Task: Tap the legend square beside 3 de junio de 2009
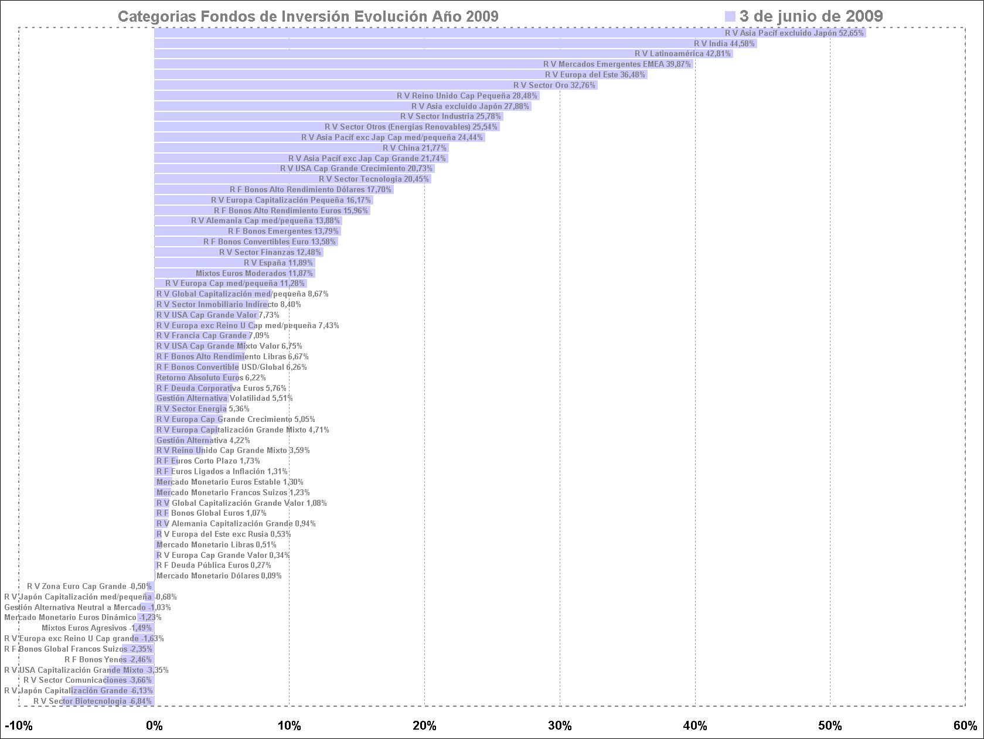pyautogui.click(x=730, y=16)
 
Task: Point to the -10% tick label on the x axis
pyautogui.click(x=19, y=726)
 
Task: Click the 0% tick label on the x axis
pyautogui.click(x=154, y=726)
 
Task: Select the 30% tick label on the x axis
pyautogui.click(x=560, y=726)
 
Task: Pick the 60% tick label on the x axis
pyautogui.click(x=965, y=726)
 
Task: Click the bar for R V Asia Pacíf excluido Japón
pyautogui.click(x=510, y=33)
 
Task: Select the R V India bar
pyautogui.click(x=455, y=43)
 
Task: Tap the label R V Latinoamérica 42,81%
pyautogui.click(x=682, y=54)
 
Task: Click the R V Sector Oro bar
pyautogui.click(x=376, y=85)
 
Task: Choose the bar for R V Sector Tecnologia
pyautogui.click(x=292, y=179)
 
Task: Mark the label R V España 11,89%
pyautogui.click(x=278, y=263)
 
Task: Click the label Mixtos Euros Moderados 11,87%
pyautogui.click(x=254, y=273)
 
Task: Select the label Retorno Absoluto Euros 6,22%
pyautogui.click(x=211, y=378)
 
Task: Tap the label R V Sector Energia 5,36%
pyautogui.click(x=203, y=408)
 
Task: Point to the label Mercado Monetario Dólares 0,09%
pyautogui.click(x=219, y=576)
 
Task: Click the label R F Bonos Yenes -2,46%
pyautogui.click(x=108, y=660)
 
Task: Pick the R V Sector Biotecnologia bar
pyautogui.click(x=108, y=701)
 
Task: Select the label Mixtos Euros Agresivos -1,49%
pyautogui.click(x=96, y=628)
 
